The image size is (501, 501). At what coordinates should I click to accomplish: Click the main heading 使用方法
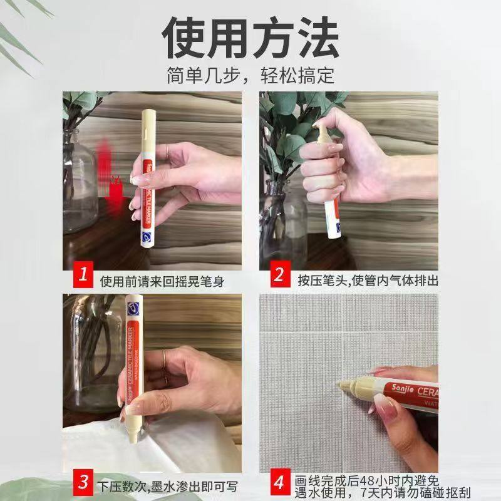(x=250, y=39)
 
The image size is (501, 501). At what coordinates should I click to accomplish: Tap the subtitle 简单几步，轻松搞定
(x=250, y=76)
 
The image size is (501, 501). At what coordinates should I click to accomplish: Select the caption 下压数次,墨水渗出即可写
(x=168, y=486)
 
